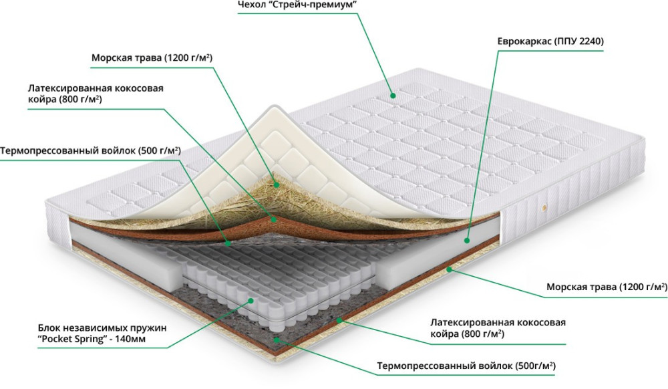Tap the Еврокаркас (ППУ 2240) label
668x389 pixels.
tap(550, 41)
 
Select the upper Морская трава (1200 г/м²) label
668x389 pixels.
tap(152, 58)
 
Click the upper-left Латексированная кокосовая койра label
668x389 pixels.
tap(96, 94)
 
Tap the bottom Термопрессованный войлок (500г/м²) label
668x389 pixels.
tap(466, 366)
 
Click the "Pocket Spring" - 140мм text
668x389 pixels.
tap(92, 340)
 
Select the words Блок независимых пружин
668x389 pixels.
tap(101, 328)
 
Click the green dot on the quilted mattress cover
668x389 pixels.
tap(393, 96)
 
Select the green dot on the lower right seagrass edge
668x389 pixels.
tap(449, 270)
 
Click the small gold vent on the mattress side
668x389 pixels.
tap(542, 208)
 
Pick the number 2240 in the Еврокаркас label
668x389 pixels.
tap(590, 41)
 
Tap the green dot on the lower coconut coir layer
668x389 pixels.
tap(339, 320)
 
